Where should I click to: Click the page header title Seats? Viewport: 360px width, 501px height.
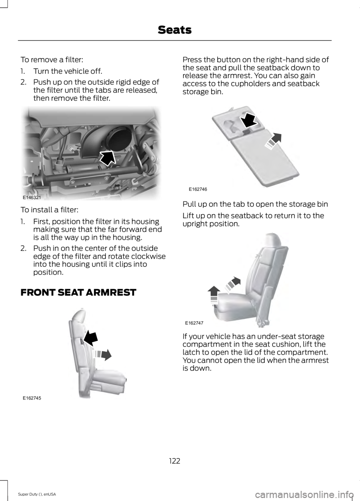click(174, 30)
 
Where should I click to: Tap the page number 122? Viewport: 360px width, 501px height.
click(174, 461)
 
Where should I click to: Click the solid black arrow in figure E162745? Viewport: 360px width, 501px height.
click(91, 337)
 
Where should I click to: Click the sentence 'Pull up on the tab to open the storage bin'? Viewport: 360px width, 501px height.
click(255, 204)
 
